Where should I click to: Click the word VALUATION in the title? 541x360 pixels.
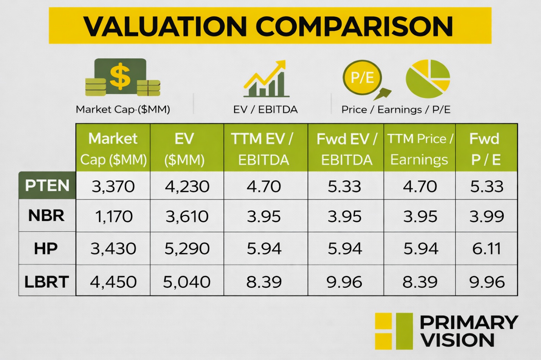(165, 27)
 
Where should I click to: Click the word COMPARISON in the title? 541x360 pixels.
(355, 27)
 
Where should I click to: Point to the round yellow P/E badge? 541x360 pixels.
(362, 77)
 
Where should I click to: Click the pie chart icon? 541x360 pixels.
(428, 79)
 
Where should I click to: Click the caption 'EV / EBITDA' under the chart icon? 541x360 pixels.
(265, 110)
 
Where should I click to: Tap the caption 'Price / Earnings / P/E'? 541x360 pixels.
(395, 110)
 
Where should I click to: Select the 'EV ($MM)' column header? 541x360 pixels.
(184, 149)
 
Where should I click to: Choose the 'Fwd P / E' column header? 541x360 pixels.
(485, 149)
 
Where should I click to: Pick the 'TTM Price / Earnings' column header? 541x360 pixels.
(419, 149)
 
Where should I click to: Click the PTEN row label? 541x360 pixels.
(47, 185)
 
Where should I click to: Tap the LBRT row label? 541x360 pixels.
(47, 281)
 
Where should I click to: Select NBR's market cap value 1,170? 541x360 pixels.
(114, 216)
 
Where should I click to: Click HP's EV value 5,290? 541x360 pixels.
(187, 249)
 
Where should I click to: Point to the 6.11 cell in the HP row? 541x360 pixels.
(486, 249)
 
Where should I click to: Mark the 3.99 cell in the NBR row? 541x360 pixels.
(486, 216)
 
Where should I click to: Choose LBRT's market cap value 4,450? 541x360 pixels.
(113, 282)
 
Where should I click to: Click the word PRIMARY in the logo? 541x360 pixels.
(469, 323)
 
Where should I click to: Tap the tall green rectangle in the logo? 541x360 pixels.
(404, 331)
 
